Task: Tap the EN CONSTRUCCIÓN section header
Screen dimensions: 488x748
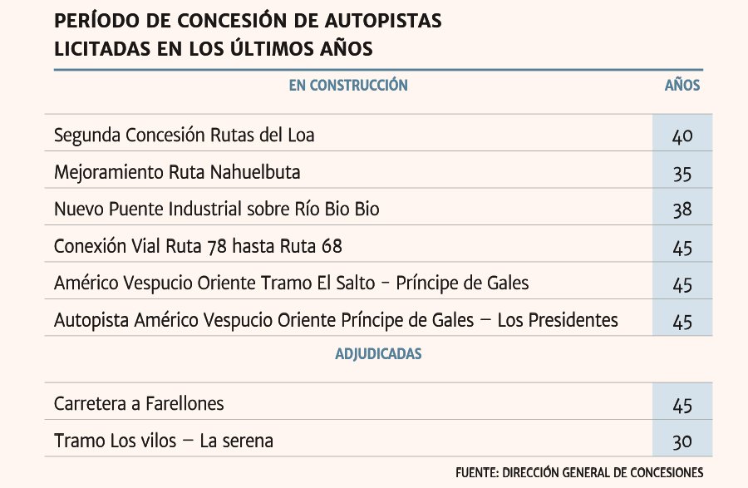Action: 348,85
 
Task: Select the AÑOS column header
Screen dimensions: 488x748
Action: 682,85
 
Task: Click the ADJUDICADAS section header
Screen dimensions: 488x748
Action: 378,354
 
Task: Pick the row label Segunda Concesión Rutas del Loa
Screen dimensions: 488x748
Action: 184,135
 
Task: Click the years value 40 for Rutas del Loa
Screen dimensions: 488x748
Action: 682,136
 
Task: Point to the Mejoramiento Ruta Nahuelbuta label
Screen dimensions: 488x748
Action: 177,172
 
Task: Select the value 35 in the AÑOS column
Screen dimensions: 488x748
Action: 682,173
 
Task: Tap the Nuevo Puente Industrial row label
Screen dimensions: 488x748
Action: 216,209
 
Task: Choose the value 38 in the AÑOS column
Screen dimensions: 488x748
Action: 682,210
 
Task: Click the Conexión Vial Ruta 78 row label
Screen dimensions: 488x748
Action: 198,246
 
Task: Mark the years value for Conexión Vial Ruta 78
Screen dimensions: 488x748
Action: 682,247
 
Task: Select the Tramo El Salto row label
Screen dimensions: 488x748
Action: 291,283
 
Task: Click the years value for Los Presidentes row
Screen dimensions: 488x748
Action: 682,322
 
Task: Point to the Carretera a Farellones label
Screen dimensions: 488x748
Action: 139,404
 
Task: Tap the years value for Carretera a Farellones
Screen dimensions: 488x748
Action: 682,405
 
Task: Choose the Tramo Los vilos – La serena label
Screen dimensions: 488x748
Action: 163,441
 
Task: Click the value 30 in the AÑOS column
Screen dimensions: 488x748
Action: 682,441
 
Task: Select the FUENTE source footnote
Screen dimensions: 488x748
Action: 579,471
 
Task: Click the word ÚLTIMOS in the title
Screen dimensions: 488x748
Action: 269,49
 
